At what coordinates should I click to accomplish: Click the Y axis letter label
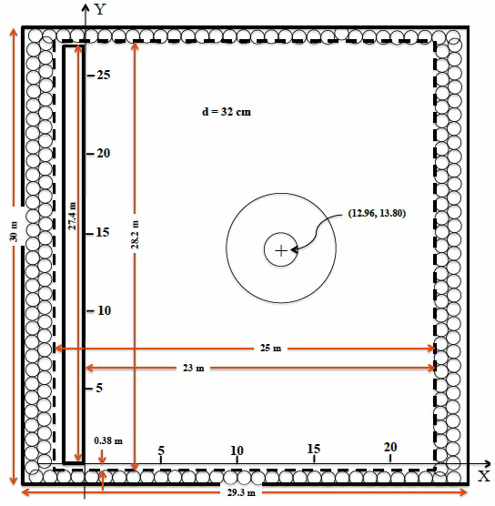(100, 9)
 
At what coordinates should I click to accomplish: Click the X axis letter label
(483, 476)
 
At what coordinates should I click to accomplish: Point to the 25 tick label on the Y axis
(104, 75)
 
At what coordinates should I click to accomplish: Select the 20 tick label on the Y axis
(103, 153)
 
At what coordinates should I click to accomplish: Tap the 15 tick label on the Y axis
(103, 232)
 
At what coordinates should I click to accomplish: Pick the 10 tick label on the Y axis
(104, 310)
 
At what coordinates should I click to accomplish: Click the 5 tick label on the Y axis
(99, 388)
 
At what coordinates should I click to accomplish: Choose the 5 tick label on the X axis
(161, 450)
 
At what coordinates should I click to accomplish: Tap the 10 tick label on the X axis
(237, 450)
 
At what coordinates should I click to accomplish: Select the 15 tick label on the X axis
(314, 449)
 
